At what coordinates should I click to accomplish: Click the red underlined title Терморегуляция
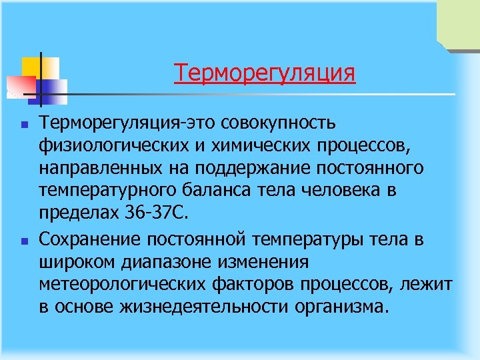point(265,72)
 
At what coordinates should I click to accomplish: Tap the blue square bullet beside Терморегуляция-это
point(23,124)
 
